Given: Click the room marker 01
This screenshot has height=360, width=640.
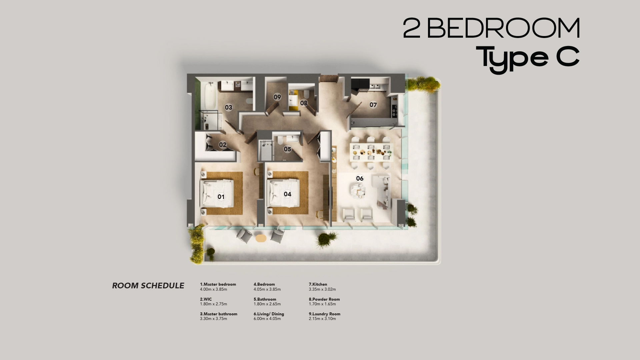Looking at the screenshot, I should coord(221,197).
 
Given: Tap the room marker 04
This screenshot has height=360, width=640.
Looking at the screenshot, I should coord(287,194).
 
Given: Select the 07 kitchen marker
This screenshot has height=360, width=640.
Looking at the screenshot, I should coord(373,105).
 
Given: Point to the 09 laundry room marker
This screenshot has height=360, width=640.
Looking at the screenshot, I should coord(277,97).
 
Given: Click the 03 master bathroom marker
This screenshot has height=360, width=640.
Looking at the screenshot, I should coord(228,107).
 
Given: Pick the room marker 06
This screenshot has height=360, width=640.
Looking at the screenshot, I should coord(360,178).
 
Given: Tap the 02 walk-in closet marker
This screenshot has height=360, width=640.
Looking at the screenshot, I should coord(223,145).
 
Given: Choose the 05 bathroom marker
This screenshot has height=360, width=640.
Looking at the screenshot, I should coord(287,149).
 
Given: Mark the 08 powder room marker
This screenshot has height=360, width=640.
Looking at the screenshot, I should coord(303,103).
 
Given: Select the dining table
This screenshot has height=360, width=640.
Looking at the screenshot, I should coord(371,152).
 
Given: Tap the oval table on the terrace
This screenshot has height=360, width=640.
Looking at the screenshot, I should coord(261,238).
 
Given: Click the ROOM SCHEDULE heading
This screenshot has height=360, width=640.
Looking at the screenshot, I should coord(148,286).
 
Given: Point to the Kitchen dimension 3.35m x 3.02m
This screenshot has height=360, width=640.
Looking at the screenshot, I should coord(322,289).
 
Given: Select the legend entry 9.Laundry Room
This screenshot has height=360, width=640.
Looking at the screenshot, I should coord(324,314).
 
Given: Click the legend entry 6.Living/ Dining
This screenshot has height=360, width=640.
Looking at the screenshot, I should coord(269,314).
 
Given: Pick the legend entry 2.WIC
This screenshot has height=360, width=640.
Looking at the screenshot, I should coord(206,299).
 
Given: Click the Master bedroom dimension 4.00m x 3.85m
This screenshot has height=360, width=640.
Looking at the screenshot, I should coord(213,289).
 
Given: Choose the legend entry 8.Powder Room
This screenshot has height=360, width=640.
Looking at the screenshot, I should coord(324,299).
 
